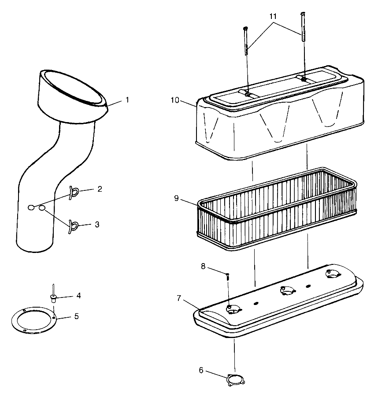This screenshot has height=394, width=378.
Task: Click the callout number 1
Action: (x=127, y=100)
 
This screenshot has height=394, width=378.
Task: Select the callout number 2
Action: (x=100, y=189)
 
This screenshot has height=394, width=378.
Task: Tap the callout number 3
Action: (x=97, y=224)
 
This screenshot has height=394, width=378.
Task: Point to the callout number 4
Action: (x=78, y=295)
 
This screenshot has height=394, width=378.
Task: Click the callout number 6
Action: (x=201, y=370)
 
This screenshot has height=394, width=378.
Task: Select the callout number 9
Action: (x=177, y=198)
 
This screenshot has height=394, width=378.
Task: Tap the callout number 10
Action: (x=175, y=100)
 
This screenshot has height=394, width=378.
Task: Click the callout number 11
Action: (x=273, y=16)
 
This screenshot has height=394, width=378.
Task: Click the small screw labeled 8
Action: (x=228, y=277)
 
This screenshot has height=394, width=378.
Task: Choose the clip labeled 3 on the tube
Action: (x=73, y=225)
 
